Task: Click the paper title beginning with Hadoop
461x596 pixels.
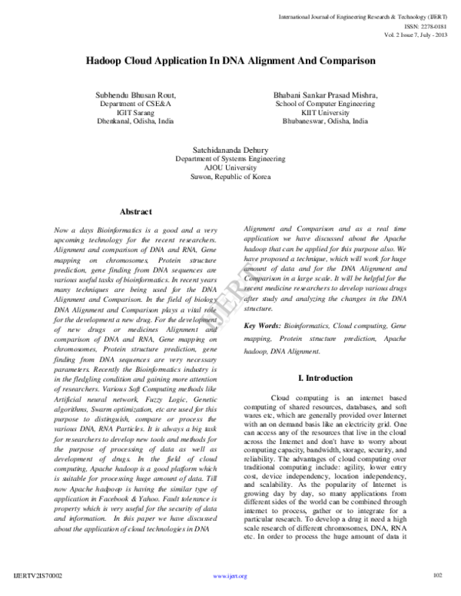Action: click(230, 59)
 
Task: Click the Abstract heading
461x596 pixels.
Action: click(135, 211)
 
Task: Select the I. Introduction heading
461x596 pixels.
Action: click(325, 378)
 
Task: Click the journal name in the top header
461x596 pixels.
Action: click(370, 14)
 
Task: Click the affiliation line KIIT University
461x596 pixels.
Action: click(326, 111)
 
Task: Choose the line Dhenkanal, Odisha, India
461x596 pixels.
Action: click(135, 121)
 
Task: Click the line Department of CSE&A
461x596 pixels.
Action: click(135, 102)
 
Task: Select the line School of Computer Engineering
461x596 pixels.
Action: click(326, 102)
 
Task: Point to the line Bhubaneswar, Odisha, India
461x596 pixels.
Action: click(326, 121)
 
